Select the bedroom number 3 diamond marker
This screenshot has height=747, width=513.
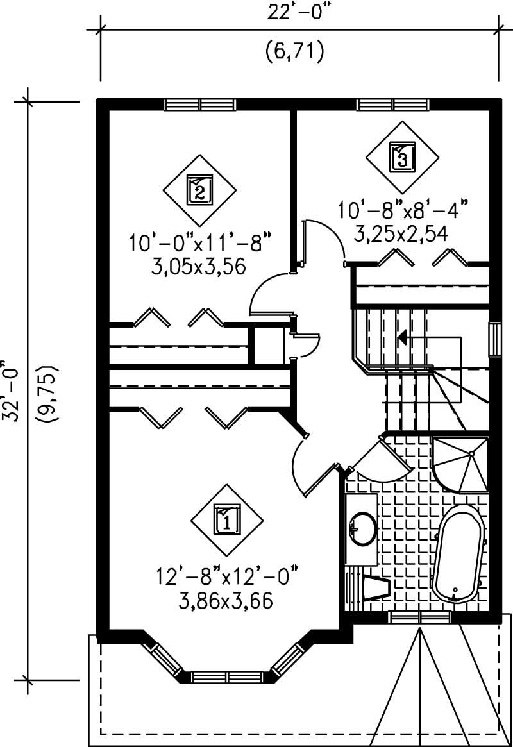point(402,156)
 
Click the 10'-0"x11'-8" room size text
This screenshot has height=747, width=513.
point(199,243)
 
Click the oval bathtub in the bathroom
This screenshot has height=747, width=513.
point(458,553)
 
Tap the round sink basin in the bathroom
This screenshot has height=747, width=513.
point(364,528)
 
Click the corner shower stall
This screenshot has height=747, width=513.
point(460,465)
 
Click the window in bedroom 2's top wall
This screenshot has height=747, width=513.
point(200,105)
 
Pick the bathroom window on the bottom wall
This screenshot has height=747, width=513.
point(420,617)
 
